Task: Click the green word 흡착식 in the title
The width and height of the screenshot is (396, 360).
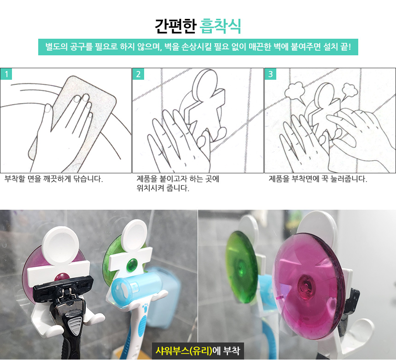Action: [x=220, y=26]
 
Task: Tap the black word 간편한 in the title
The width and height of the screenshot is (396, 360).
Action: [x=175, y=26]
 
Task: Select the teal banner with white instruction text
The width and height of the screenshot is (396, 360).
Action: [x=198, y=47]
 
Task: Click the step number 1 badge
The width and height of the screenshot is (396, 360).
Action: [x=6, y=74]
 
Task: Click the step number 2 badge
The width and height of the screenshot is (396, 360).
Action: [x=139, y=74]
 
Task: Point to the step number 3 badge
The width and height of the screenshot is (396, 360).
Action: [x=270, y=74]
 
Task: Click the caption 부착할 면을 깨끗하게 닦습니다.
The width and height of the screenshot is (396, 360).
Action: [x=53, y=179]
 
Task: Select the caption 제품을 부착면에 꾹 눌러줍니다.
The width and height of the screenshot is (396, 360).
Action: [x=318, y=179]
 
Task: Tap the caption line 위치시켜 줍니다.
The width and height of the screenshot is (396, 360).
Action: [x=163, y=188]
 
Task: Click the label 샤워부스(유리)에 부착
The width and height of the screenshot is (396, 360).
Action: [x=198, y=351]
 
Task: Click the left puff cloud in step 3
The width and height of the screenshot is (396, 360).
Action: [x=294, y=91]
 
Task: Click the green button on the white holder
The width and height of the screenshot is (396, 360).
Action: [x=132, y=265]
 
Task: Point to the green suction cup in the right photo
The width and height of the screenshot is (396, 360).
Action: [x=241, y=267]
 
